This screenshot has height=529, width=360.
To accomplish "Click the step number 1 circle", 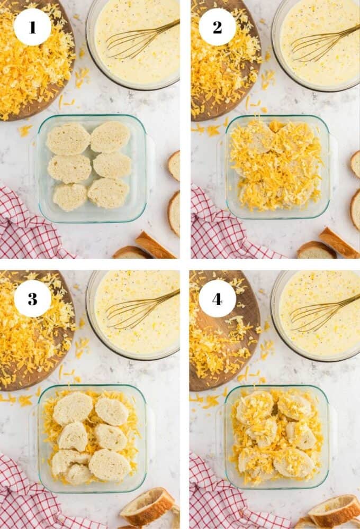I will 32,27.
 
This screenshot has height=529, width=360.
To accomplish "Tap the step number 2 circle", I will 217,27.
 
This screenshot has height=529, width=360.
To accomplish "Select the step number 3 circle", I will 32,298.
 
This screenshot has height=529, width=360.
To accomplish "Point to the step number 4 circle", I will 217,298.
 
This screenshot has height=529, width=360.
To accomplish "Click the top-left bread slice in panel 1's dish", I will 68,139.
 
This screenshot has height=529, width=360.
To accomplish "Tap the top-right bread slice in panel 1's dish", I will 110,136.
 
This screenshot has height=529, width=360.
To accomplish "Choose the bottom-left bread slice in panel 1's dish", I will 70,196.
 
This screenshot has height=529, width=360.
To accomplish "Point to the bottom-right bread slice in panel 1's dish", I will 108,193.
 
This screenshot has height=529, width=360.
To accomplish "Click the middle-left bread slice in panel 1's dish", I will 69,168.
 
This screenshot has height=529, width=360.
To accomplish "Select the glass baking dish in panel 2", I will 277,167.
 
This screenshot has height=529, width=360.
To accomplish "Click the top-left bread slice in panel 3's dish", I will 73,408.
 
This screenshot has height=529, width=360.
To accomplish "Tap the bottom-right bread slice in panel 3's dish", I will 110,464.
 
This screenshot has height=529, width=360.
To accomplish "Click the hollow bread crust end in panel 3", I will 148,505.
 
